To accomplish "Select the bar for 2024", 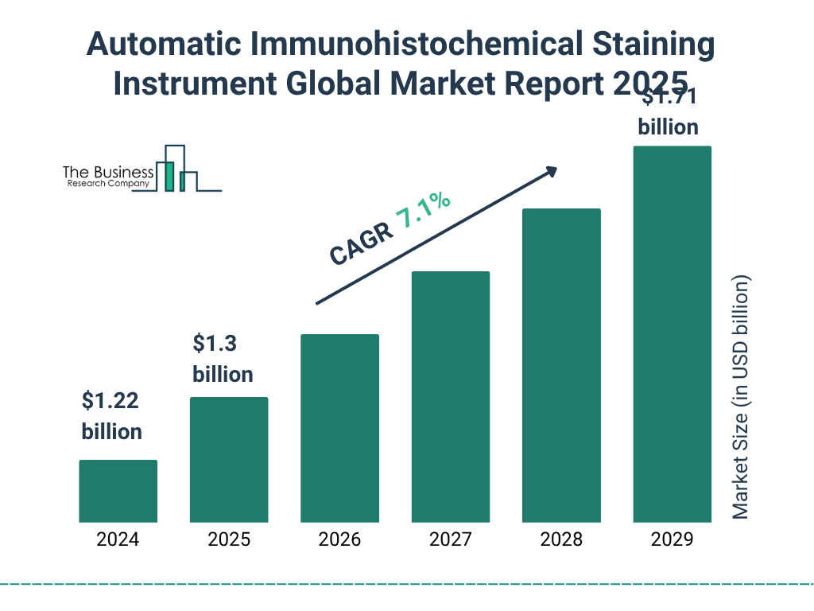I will pos(118,491).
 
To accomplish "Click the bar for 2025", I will pos(229,460).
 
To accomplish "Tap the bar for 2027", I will pos(450,397).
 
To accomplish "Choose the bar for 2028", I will pos(561,365).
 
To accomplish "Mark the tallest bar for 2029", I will pos(672,334).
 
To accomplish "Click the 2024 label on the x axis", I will pos(118,539).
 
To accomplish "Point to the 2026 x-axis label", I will pos(339,539).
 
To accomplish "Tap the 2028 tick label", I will pos(561,539).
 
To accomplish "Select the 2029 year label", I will pos(672,539).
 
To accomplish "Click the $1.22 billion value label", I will pos(111,416).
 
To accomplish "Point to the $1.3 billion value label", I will pos(223,359).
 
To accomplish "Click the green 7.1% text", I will pos(424,211).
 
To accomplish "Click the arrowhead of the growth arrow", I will pos(551,170).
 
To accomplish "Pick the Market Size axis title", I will pos(741,398).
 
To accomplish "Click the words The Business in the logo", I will pos(108,172).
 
